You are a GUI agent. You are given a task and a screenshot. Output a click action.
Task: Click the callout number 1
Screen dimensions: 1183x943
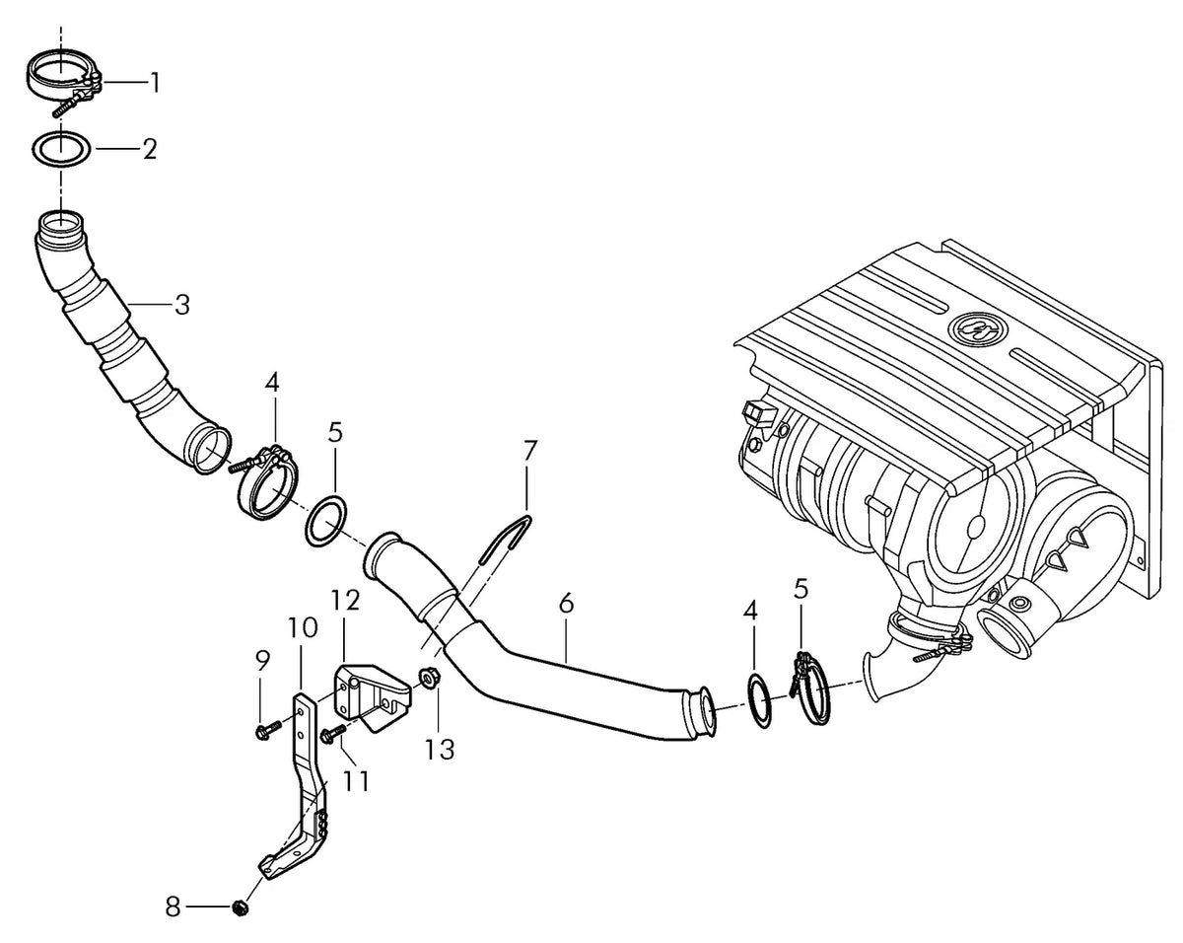tap(156, 83)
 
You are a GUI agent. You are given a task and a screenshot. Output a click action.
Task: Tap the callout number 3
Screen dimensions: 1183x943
tap(182, 304)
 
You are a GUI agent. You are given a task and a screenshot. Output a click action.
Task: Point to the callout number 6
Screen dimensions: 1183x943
tap(566, 604)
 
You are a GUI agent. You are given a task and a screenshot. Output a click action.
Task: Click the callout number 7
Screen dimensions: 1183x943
tap(528, 451)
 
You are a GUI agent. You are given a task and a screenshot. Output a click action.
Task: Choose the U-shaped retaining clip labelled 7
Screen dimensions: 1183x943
tap(506, 539)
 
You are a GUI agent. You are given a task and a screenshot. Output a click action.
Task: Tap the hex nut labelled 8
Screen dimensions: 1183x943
tap(240, 907)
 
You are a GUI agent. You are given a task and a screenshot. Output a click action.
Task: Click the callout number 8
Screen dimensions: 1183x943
tap(174, 907)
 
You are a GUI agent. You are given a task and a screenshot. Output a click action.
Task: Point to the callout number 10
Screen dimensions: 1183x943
tap(302, 627)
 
